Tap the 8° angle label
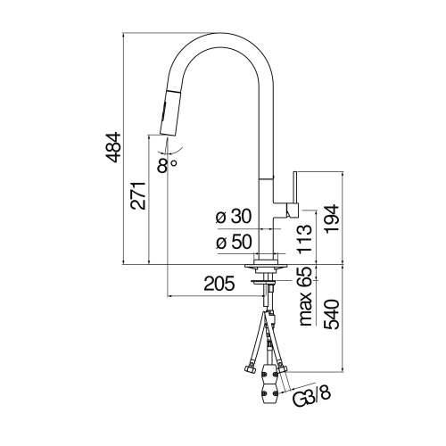pyautogui.click(x=166, y=163)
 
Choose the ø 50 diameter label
pyautogui.click(x=234, y=242)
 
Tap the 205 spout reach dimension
pyautogui.click(x=218, y=285)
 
